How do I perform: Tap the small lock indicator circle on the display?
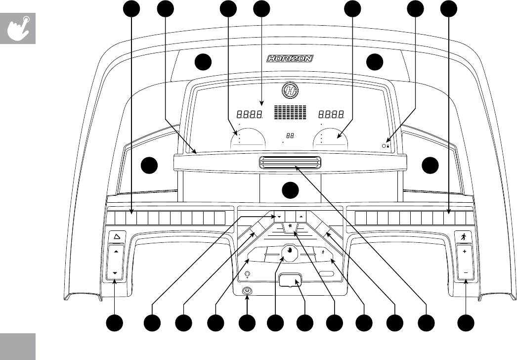[385, 146]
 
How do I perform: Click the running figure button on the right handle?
[465, 237]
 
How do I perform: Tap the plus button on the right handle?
[465, 252]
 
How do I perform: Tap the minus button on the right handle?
[465, 272]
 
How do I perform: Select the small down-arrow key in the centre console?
[279, 217]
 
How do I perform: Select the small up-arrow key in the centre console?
[301, 217]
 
